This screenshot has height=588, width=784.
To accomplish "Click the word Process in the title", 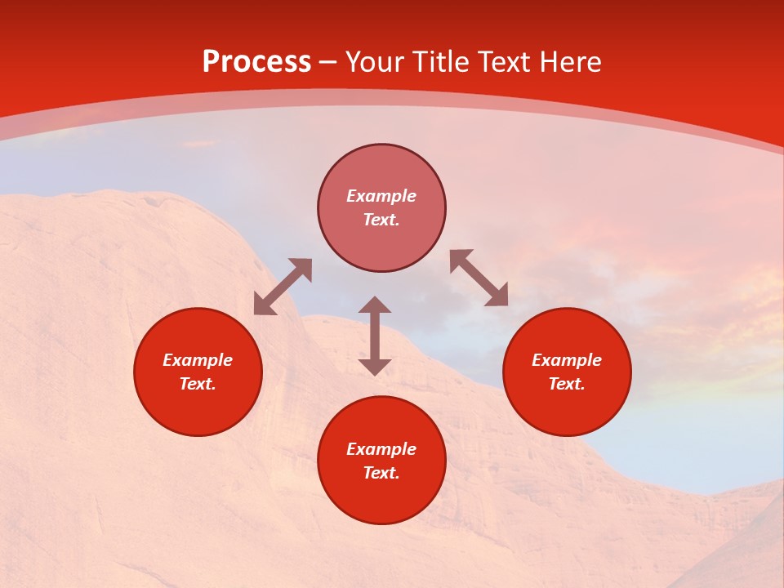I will [256, 62].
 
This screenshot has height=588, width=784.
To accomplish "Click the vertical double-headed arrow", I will [375, 336].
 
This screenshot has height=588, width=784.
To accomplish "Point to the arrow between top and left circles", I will [283, 287].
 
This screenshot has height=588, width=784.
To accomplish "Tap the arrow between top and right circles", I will [479, 278].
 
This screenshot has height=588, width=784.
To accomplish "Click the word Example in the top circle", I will [381, 196].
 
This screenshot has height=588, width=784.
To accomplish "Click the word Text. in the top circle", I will [381, 220].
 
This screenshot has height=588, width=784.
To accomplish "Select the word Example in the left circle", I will [198, 360].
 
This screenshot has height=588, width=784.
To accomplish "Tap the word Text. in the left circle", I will [198, 384].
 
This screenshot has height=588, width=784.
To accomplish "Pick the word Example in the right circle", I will [567, 360].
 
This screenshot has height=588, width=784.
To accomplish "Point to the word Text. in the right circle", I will [567, 384].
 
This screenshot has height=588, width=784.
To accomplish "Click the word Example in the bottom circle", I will [381, 449].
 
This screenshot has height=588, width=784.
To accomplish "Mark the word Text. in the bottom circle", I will [381, 473].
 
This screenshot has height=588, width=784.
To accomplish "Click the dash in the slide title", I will [328, 63].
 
